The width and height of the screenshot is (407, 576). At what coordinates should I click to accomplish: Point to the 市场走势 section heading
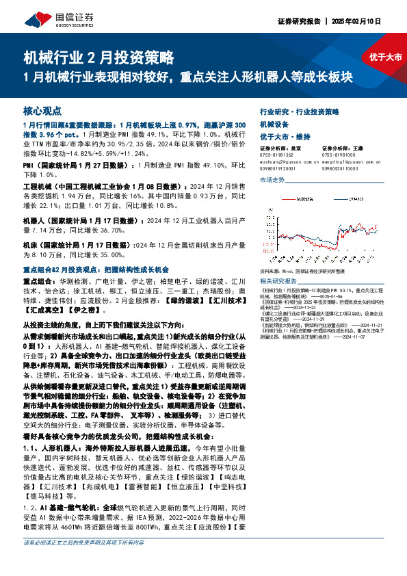coord(272,179)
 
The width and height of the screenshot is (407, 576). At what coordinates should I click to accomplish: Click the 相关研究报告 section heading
coord(278,281)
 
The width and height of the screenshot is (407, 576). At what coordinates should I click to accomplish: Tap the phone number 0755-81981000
coord(338,155)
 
